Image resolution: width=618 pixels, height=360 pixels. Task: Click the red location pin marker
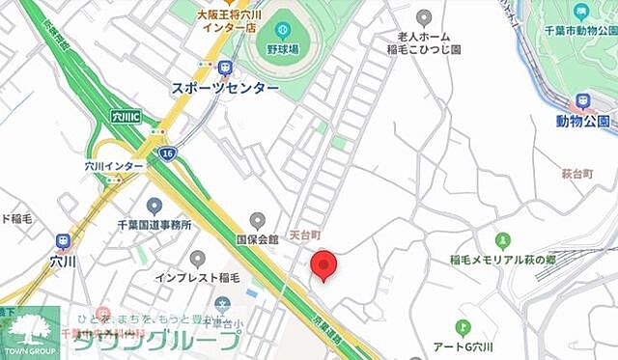coord(324,264)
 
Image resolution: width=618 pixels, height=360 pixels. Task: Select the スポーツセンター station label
coord(225,88)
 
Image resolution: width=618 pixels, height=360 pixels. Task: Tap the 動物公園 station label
coord(583,121)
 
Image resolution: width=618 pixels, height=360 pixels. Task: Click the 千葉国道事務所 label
coord(154,225)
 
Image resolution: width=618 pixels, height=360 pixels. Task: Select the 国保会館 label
coord(257,238)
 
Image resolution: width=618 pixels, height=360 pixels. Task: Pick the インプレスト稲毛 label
coord(197,279)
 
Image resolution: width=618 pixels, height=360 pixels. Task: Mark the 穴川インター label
coord(114,166)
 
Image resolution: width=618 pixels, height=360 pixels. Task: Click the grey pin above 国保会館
coord(257,220)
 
